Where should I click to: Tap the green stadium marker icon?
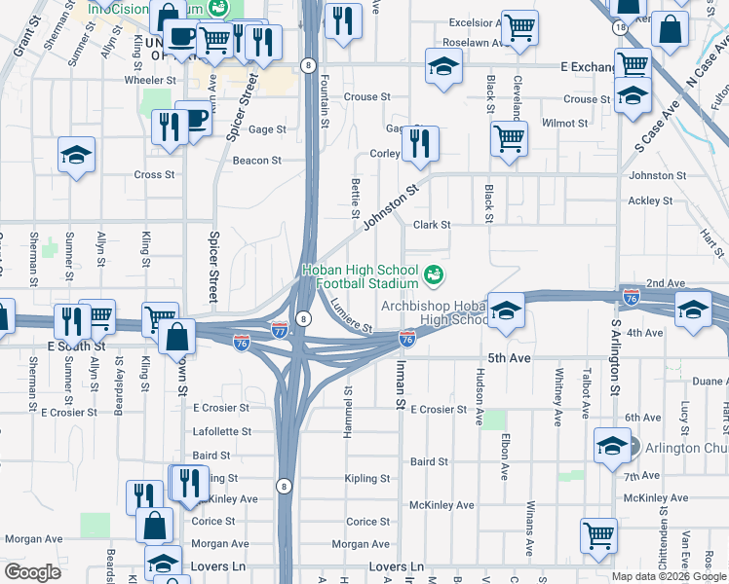[x=434, y=275]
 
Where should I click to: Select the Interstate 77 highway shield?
[x=280, y=331]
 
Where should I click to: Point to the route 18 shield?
[x=621, y=28]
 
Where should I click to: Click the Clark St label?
[x=431, y=225]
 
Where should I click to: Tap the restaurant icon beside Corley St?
[x=420, y=143]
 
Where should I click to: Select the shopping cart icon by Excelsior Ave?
[x=519, y=27]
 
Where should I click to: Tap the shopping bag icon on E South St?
[x=179, y=337]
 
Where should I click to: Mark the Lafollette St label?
[x=222, y=431]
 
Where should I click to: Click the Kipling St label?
[x=367, y=479]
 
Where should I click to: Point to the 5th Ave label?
[x=508, y=358]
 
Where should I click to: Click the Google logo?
[x=32, y=572]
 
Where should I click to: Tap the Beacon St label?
[x=256, y=161]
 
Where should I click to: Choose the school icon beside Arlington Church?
[x=611, y=447]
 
